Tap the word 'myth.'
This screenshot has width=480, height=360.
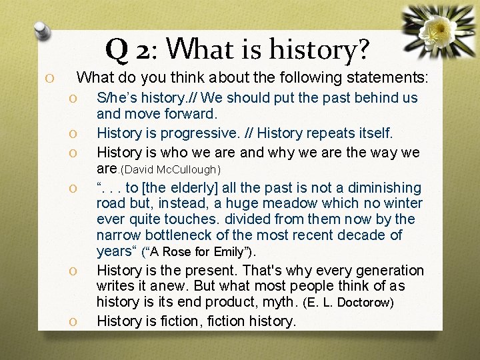click(280, 302)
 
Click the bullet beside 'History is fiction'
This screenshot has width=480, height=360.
click(75, 322)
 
